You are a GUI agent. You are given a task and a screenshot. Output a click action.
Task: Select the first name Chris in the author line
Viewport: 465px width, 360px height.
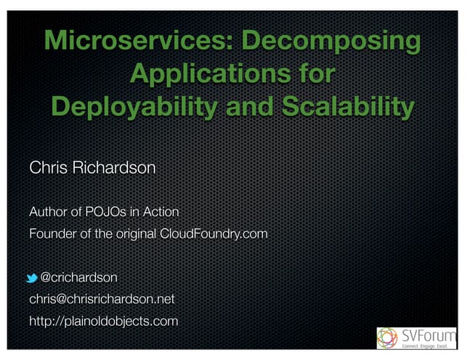(49, 169)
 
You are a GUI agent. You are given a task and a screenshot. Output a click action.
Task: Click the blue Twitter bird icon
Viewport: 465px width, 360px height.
(32, 278)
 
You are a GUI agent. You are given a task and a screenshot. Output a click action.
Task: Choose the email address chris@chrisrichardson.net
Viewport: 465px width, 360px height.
(101, 299)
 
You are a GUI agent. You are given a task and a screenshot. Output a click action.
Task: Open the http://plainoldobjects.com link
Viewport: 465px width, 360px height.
(103, 321)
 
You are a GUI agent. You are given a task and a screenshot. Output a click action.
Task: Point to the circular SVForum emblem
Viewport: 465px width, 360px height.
(389, 338)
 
